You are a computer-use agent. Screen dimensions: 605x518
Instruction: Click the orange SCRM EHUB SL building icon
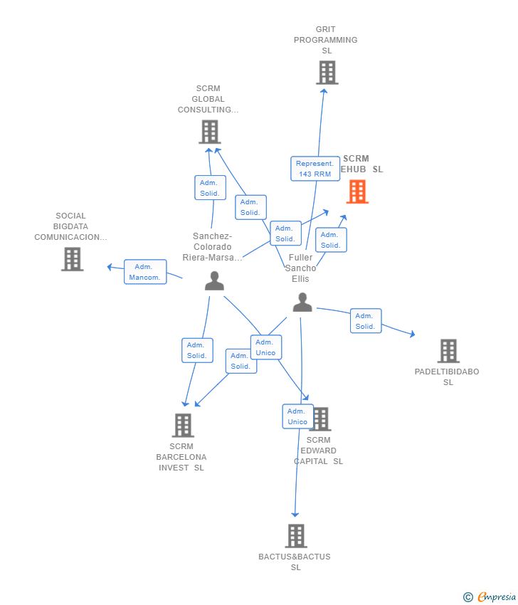357,191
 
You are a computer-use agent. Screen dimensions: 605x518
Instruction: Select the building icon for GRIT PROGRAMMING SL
327,73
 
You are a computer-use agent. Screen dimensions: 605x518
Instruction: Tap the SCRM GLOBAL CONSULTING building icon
209,132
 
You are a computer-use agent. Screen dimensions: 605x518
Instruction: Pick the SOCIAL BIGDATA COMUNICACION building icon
72,259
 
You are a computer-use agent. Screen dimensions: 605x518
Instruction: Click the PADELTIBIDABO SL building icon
448,351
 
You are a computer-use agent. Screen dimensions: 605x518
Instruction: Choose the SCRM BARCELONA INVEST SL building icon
183,425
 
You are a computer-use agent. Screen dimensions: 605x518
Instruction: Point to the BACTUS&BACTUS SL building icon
296,536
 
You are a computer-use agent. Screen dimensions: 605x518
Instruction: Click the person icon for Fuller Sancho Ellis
302,302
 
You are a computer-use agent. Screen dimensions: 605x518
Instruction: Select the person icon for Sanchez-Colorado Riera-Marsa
214,281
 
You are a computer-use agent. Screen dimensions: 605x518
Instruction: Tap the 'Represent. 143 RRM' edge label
314,169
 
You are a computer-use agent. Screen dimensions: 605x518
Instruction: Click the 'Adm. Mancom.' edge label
145,272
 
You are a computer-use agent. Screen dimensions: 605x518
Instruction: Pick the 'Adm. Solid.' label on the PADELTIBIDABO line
365,321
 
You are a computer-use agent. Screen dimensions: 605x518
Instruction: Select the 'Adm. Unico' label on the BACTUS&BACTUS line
297,416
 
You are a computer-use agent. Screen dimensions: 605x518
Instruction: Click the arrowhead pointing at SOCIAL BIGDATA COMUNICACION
110,267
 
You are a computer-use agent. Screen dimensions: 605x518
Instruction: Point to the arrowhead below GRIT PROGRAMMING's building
324,90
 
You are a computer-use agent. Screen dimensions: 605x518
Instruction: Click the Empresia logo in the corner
490,596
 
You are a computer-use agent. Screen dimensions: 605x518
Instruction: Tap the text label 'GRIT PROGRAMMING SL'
326,40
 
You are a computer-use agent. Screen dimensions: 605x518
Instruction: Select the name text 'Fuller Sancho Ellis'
300,268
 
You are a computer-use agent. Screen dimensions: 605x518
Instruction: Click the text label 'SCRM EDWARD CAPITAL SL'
318,451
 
